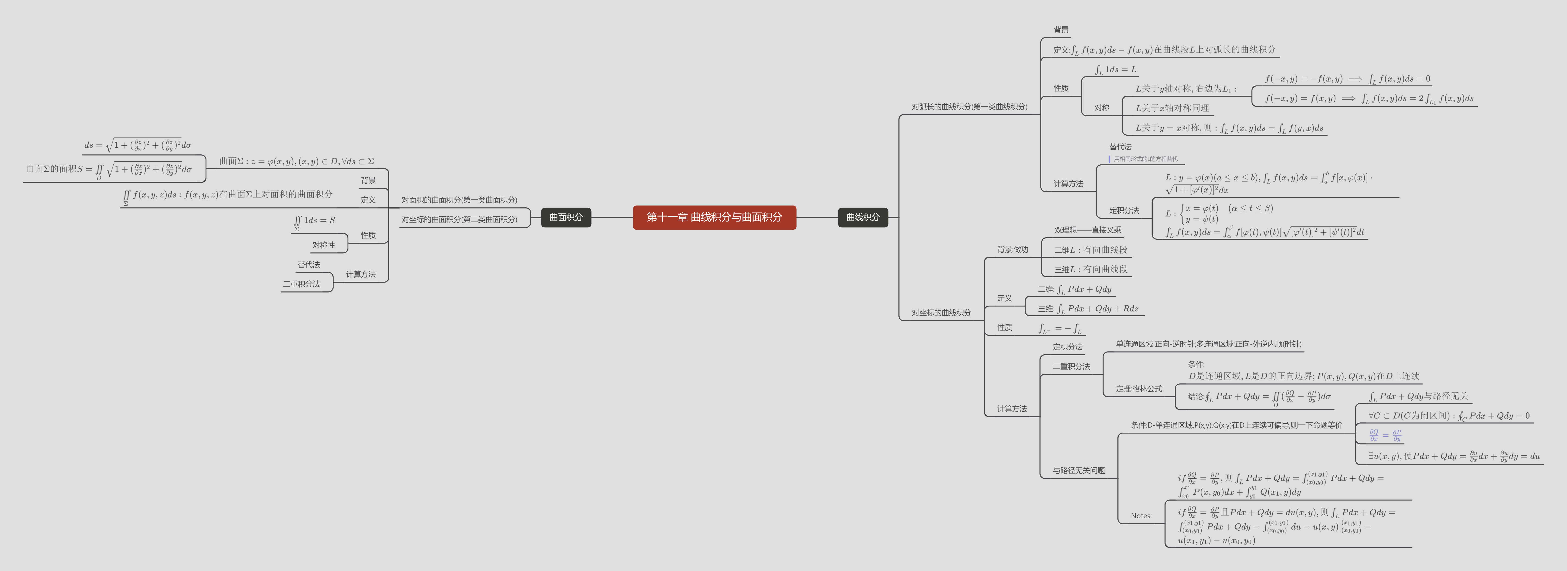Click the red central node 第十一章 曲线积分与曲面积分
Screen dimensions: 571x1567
coord(714,217)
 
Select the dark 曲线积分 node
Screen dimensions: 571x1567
coord(862,217)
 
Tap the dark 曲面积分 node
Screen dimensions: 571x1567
coord(566,217)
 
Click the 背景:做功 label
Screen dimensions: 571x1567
coord(1012,250)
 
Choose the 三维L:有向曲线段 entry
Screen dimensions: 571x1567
coord(1091,269)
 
